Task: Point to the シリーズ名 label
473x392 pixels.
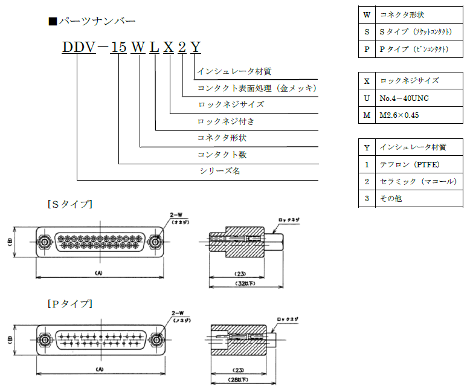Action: [220, 171]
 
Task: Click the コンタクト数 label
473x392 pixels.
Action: [222, 155]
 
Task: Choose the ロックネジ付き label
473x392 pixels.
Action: [226, 121]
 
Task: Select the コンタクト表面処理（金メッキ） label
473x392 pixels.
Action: [257, 88]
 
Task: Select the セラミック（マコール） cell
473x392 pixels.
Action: [417, 181]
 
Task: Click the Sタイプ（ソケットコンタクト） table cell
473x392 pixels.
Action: [414, 31]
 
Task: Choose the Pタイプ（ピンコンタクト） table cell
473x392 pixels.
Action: [414, 49]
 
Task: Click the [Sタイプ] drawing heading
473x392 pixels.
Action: [70, 204]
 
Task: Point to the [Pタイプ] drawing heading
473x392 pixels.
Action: [70, 303]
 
